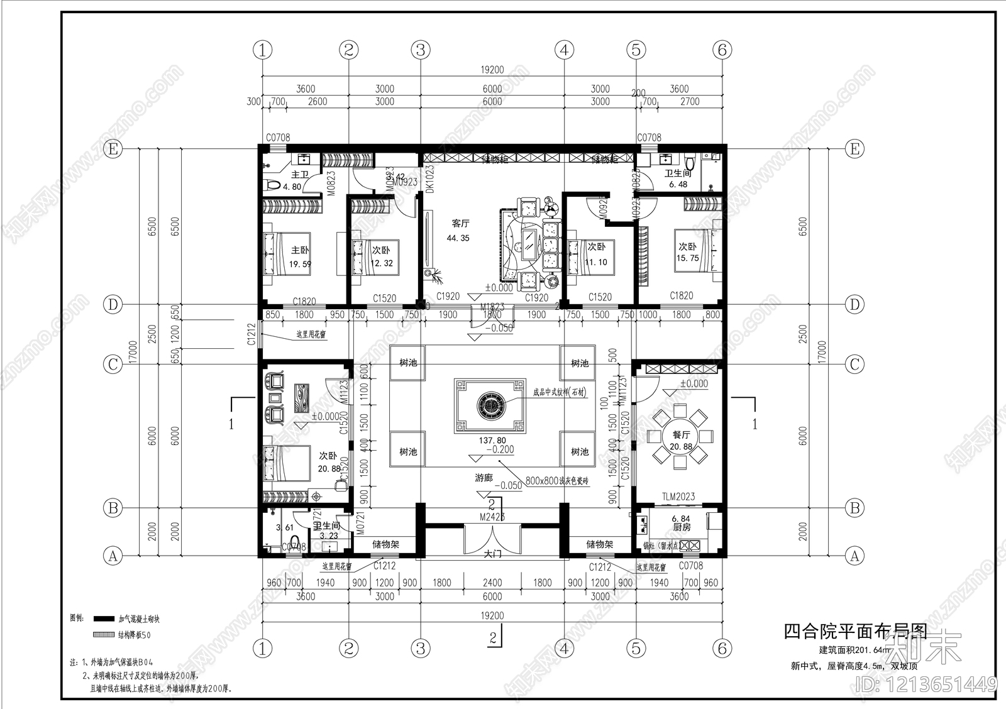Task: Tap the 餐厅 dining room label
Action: pos(681,435)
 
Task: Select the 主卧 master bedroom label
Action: pos(300,250)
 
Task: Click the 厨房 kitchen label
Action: pos(682,527)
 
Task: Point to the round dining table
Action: pos(681,435)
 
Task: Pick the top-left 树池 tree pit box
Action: pos(407,363)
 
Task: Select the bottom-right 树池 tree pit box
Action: pos(579,452)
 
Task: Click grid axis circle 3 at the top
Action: pos(420,50)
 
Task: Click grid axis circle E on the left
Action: pos(113,149)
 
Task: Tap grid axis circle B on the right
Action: pos(854,507)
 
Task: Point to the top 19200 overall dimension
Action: pos(492,70)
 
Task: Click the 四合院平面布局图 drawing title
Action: pos(855,630)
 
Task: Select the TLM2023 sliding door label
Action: pos(678,497)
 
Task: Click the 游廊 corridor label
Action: pos(484,478)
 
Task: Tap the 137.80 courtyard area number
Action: pos(492,441)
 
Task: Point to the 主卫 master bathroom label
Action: pos(300,175)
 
